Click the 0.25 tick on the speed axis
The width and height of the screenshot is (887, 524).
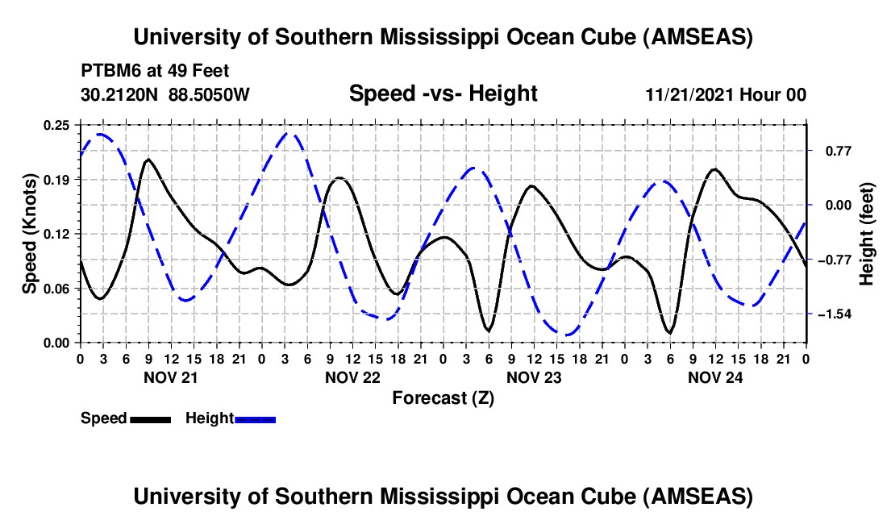point(58,125)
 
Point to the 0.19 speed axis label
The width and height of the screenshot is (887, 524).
point(58,179)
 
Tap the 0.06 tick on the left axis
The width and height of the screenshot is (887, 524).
point(58,289)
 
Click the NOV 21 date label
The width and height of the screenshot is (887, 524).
point(170,377)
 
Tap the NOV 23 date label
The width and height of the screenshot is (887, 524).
point(533,377)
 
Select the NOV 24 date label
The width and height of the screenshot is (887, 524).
point(714,377)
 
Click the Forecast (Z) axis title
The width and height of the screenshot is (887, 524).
point(443,397)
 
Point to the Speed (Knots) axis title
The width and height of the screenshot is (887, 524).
point(30,234)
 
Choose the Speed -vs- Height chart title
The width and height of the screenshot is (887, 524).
point(443,94)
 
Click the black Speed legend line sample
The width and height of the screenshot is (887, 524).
point(150,419)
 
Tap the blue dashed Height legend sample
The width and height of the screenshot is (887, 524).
point(255,419)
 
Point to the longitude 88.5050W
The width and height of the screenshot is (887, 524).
point(209,95)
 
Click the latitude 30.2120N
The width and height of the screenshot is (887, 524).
point(120,95)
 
